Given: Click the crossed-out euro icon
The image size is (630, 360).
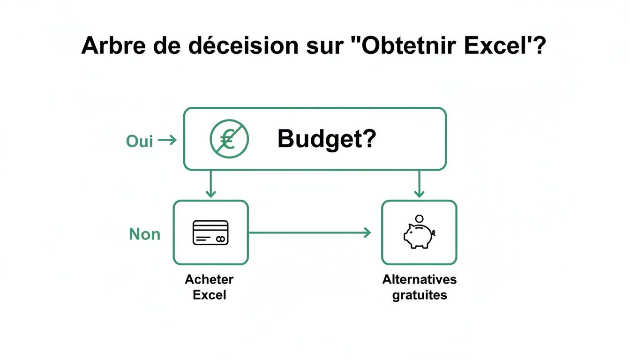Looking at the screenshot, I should coord(229,139).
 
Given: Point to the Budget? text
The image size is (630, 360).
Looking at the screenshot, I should coord(327,139).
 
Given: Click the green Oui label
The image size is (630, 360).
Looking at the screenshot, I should coord(140,141).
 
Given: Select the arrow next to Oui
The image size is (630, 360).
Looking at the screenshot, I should coord(168,140).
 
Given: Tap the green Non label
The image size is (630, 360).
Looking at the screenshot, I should coord(144,234).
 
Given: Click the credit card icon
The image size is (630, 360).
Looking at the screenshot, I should coord(210,233).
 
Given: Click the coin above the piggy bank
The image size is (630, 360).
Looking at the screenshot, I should coord(420,218).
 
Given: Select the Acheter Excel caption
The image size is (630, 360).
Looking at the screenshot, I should coord(209,287).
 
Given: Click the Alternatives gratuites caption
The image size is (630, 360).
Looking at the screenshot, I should coord(419,287).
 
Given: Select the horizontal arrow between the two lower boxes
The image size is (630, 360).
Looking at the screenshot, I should coord(309,232).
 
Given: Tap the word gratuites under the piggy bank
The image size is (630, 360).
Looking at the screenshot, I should coord(420,295).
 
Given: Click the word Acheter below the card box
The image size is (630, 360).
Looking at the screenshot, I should coord(209,279).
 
